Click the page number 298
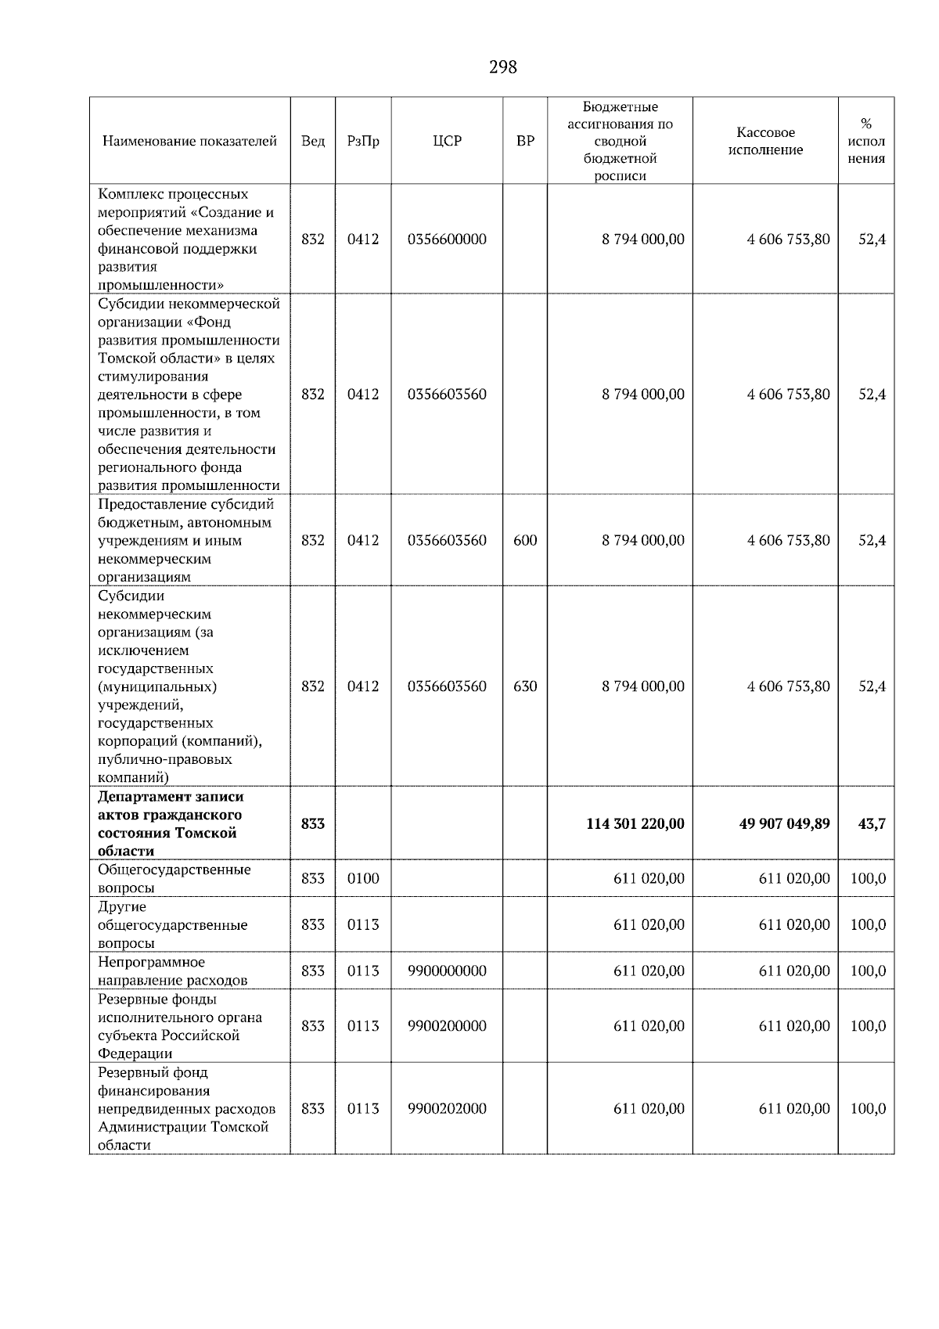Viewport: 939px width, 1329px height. (x=502, y=67)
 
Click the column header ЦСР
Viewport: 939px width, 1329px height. (x=447, y=141)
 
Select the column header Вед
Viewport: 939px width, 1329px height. (x=313, y=141)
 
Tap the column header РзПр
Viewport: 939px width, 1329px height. (x=363, y=141)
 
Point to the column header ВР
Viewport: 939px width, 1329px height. (x=525, y=141)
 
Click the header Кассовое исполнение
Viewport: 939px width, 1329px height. (x=765, y=141)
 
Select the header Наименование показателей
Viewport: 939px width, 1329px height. (x=189, y=141)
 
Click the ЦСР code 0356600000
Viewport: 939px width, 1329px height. (x=447, y=240)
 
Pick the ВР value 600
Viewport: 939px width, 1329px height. (x=525, y=540)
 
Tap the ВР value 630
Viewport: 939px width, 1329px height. (x=525, y=686)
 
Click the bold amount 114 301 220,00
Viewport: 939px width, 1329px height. (x=635, y=823)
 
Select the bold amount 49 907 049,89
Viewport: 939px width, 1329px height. (x=784, y=823)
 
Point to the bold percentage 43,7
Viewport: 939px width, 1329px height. (x=872, y=823)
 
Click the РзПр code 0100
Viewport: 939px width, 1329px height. (x=363, y=878)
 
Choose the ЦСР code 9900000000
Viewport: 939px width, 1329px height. (x=447, y=971)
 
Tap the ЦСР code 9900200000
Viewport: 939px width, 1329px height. (x=447, y=1026)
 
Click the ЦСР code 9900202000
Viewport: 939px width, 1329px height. (x=447, y=1108)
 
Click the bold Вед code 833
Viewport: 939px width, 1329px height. (x=313, y=823)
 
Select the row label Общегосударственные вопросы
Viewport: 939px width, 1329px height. (x=174, y=878)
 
